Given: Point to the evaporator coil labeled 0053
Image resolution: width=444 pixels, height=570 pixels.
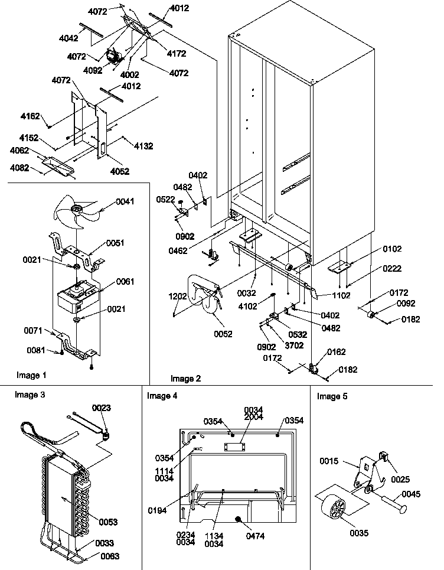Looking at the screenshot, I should (65, 502).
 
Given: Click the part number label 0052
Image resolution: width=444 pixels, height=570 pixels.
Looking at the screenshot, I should (224, 334).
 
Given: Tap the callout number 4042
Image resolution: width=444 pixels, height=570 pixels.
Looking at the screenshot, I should (69, 37).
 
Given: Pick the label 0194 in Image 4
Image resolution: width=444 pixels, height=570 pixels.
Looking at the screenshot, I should (159, 502).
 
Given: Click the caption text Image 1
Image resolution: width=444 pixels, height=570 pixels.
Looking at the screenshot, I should (32, 375).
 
